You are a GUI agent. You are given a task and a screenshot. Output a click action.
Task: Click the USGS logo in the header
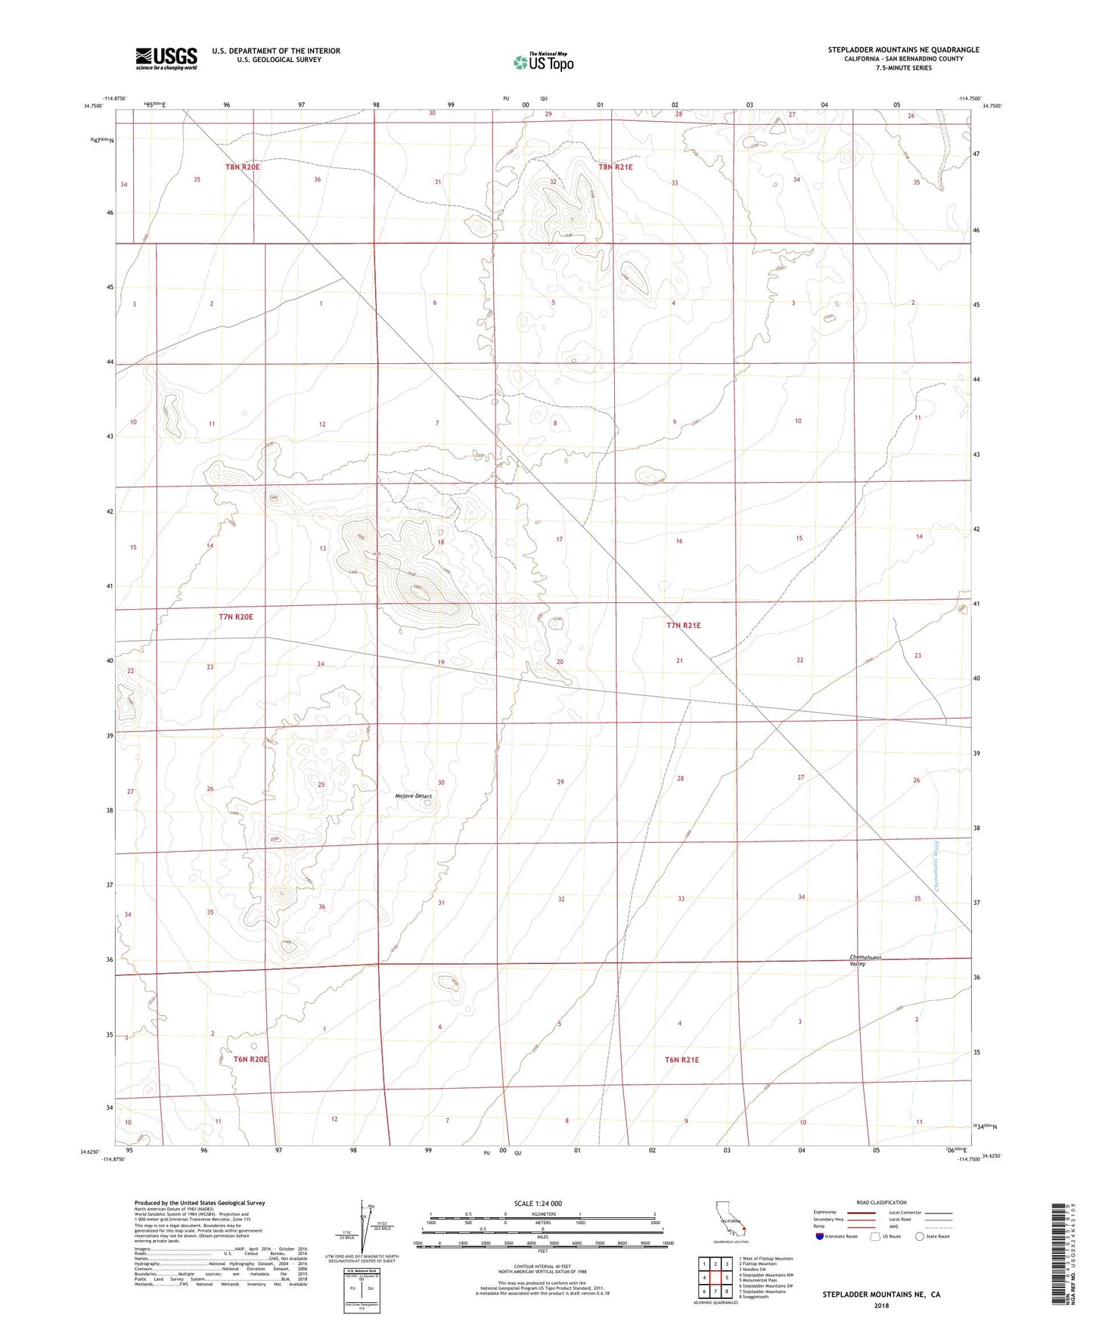click(x=166, y=58)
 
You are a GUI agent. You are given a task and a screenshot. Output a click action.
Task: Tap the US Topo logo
click(x=543, y=62)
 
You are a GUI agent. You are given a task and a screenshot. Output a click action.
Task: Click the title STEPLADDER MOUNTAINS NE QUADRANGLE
click(x=903, y=50)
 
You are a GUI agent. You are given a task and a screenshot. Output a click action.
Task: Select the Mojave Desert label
click(x=413, y=796)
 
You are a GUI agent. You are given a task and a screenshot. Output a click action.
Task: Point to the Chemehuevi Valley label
click(x=866, y=960)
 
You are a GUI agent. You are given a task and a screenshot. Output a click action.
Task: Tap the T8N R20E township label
click(x=242, y=166)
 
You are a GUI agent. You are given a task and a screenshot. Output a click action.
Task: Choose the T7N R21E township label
click(x=683, y=626)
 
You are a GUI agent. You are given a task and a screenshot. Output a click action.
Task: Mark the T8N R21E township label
click(x=616, y=167)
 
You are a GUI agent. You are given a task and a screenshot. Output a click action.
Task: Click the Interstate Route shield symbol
click(x=820, y=1236)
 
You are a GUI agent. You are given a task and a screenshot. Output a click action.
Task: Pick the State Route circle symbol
click(x=919, y=1236)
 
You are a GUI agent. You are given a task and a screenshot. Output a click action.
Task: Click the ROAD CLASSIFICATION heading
click(x=881, y=1202)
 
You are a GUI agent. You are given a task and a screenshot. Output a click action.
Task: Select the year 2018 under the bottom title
click(x=881, y=1305)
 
